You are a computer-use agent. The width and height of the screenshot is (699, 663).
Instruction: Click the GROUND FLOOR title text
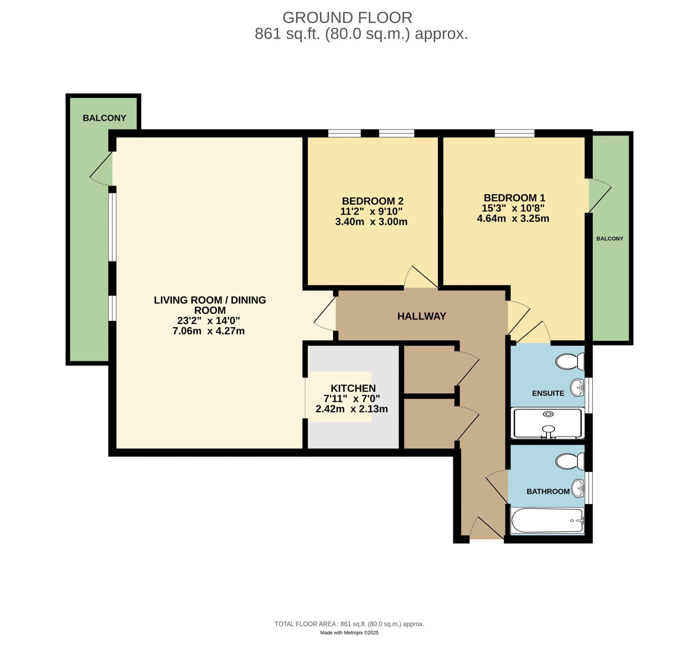point(347,18)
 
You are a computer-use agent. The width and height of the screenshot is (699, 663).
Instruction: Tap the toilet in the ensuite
point(569,362)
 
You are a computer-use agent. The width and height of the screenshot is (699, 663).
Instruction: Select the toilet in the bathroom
point(569,461)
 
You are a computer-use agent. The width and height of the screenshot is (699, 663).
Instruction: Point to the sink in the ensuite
point(577,388)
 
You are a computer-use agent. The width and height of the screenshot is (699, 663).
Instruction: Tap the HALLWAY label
point(422,316)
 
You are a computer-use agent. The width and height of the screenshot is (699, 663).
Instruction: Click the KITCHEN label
point(353,388)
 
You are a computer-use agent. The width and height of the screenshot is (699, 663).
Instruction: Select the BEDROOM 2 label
point(372,201)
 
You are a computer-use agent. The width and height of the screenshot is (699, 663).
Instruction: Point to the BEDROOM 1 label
point(514,198)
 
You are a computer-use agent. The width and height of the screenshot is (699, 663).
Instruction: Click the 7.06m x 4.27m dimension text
point(208,331)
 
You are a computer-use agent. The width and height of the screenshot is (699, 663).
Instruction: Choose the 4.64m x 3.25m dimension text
point(513,218)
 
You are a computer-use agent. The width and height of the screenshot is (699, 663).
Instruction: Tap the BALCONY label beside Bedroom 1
point(610,239)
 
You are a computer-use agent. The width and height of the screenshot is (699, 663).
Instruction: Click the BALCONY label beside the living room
point(104,118)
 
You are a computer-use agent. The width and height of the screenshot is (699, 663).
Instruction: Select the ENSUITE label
point(548,393)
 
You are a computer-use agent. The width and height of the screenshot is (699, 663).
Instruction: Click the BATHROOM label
point(548,492)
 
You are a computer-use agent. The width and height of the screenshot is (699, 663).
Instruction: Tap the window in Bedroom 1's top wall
point(514,133)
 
